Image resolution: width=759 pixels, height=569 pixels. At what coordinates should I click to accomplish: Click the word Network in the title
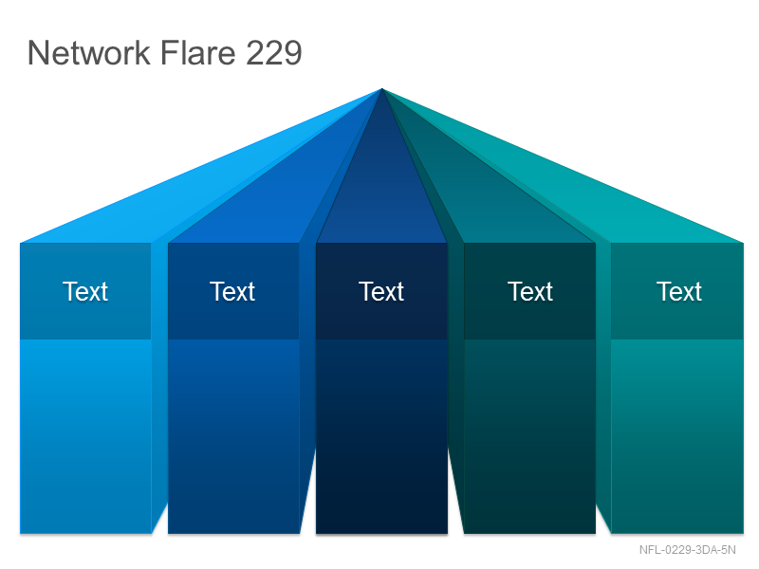click(89, 52)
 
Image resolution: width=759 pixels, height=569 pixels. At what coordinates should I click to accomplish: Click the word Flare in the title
click(197, 52)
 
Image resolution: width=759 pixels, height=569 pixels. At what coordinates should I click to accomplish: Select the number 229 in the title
click(274, 52)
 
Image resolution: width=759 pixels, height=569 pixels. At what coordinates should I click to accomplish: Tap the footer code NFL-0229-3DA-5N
click(687, 550)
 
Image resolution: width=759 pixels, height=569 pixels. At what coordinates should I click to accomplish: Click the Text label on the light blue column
click(85, 291)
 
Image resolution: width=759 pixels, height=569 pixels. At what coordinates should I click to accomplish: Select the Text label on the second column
click(232, 291)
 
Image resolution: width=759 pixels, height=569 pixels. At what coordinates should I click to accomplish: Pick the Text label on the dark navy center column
click(381, 291)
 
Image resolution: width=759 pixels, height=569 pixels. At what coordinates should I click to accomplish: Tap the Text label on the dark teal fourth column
click(530, 291)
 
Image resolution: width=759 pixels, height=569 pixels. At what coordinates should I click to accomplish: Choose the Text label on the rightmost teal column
click(679, 291)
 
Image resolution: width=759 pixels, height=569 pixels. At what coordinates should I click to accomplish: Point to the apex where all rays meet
click(382, 89)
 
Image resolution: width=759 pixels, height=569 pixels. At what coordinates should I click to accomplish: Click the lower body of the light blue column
click(85, 436)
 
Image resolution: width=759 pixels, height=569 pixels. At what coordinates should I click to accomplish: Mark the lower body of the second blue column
click(233, 436)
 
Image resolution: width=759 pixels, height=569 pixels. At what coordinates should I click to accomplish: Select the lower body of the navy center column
click(381, 436)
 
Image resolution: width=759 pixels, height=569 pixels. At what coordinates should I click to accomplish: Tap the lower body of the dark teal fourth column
click(529, 436)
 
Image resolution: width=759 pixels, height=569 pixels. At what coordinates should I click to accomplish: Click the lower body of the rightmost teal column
click(677, 436)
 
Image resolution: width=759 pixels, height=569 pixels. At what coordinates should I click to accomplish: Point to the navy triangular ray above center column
click(381, 193)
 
